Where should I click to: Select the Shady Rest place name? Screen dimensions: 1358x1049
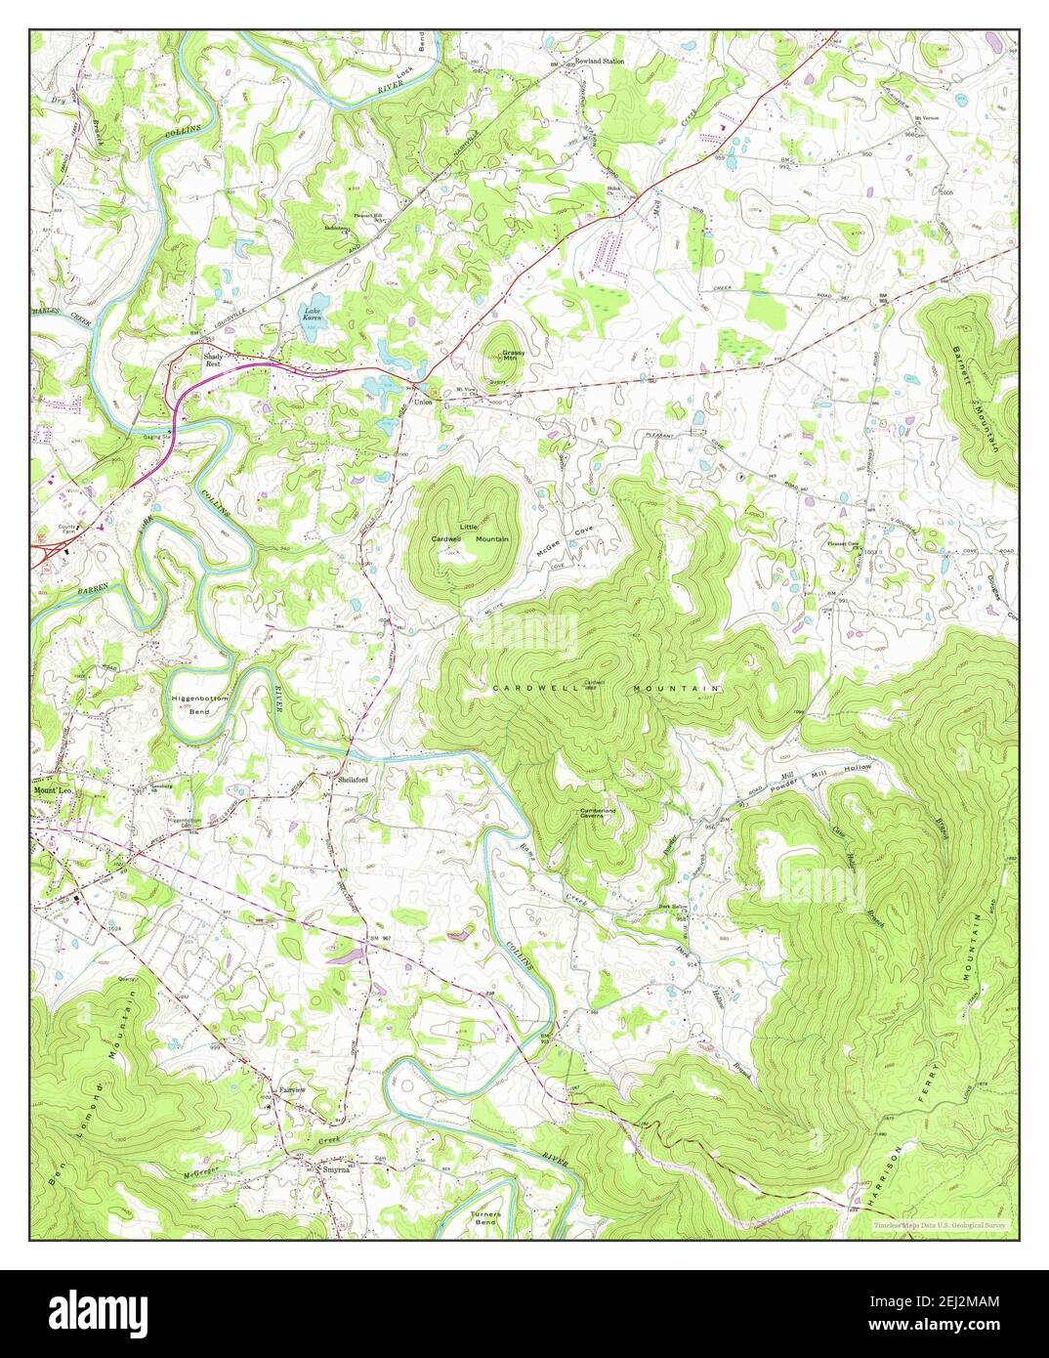[214, 359]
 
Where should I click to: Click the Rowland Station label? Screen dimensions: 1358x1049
[599, 61]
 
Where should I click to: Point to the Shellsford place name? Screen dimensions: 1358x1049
[352, 780]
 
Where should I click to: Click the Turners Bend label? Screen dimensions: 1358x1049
[485, 1218]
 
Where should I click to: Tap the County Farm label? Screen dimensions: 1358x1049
[66, 530]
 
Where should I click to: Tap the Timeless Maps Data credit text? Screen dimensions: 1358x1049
[939, 1224]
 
